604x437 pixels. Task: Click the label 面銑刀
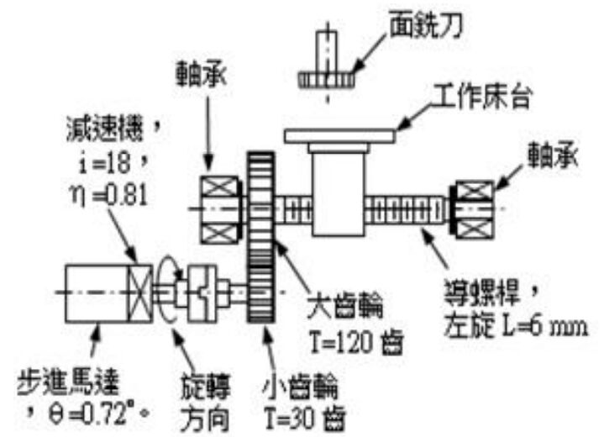tap(426, 24)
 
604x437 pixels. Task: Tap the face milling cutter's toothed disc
tap(327, 80)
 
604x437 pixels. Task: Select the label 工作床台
tap(482, 97)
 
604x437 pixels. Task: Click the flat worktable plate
tap(340, 136)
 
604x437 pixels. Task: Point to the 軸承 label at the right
tap(553, 155)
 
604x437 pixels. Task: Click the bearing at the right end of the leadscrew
tap(474, 209)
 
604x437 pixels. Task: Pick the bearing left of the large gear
tap(221, 209)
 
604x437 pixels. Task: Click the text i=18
tap(104, 162)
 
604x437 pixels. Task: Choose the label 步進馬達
tap(68, 382)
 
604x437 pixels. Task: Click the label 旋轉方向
tap(205, 403)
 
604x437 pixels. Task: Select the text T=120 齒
tap(357, 342)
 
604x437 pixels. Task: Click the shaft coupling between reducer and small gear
tap(202, 293)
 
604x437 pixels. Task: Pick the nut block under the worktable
tap(339, 193)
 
